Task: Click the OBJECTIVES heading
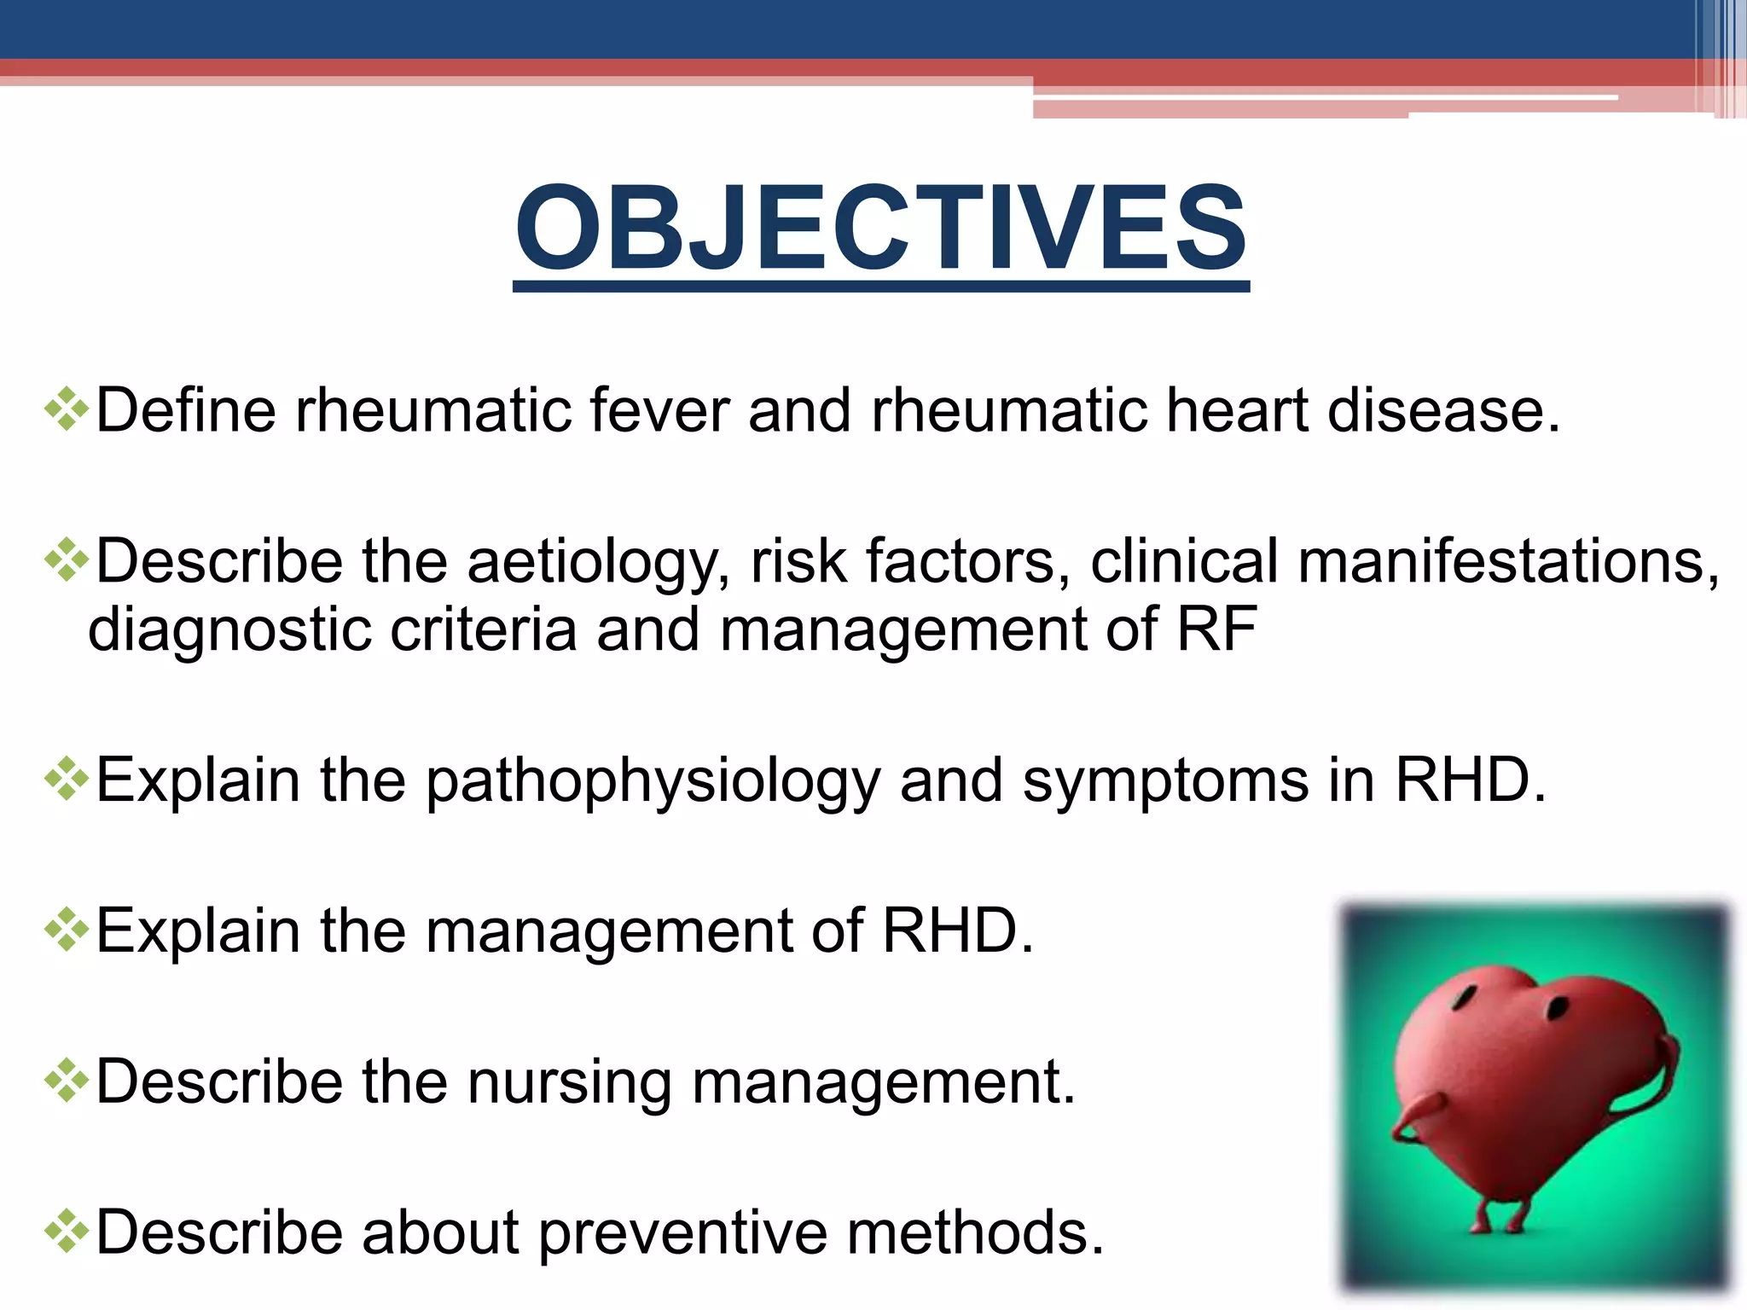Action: pos(881,229)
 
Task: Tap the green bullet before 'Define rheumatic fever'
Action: pos(67,410)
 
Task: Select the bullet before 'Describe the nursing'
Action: pos(67,1081)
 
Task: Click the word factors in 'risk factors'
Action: pos(967,562)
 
